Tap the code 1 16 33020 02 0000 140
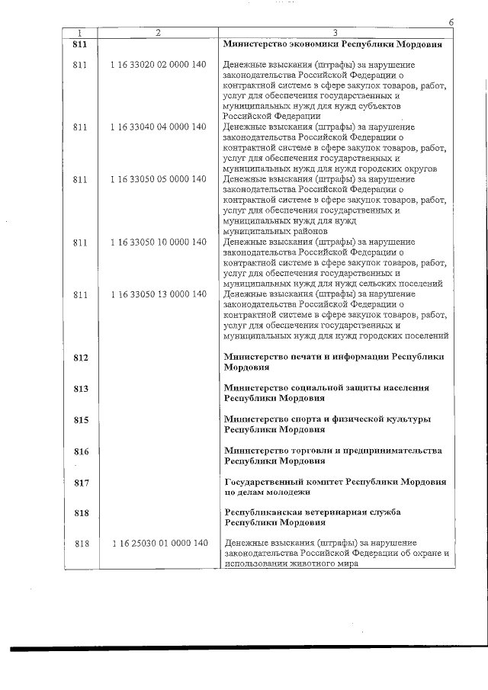click(x=158, y=66)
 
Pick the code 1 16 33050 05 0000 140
click(x=158, y=179)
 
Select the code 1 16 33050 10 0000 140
click(x=158, y=242)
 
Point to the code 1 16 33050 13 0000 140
click(x=158, y=294)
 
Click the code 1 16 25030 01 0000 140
click(x=158, y=543)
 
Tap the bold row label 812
click(x=82, y=358)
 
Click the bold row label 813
click(x=82, y=389)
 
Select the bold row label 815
click(x=82, y=420)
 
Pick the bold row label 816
click(x=82, y=451)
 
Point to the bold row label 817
click(x=82, y=483)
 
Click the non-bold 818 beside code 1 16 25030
click(x=82, y=543)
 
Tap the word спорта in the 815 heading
click(x=304, y=419)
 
